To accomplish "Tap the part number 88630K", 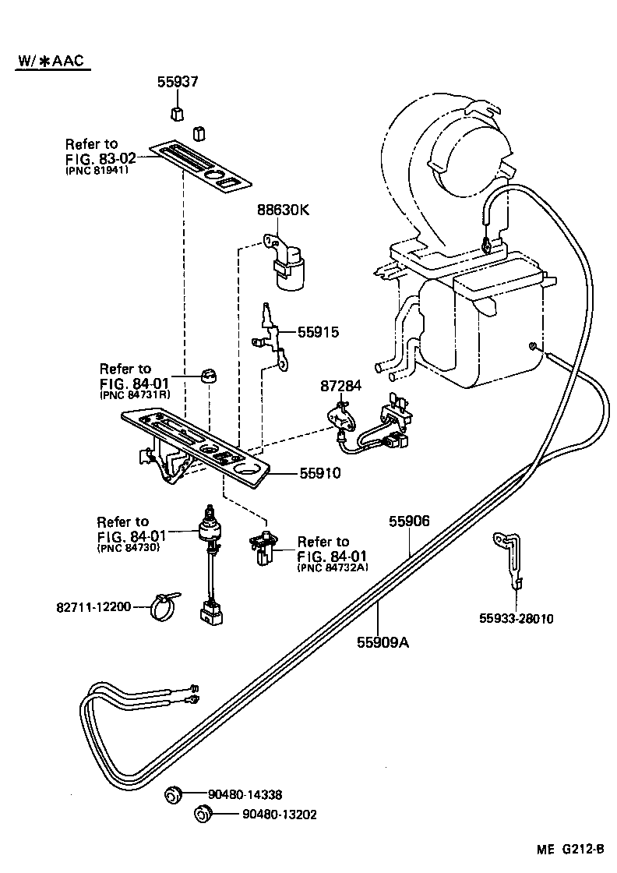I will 284,210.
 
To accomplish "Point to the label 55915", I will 318,331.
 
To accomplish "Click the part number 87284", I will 342,387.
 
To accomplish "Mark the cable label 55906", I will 410,522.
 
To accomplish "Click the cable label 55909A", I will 383,643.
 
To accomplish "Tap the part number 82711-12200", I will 93,606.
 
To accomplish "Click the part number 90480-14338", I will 245,794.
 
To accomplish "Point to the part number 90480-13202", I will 280,815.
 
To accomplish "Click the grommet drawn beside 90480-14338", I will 173,795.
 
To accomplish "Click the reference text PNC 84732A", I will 333,568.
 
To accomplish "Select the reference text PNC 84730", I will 128,548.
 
